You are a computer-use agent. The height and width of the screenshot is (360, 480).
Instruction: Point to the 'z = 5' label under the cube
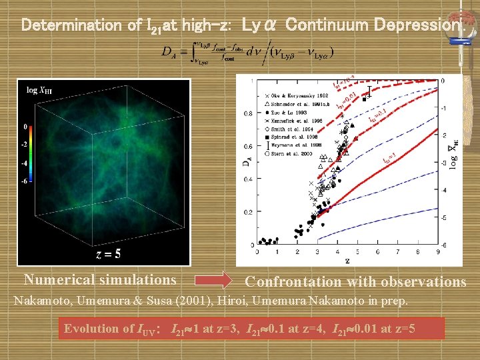pyautogui.click(x=108, y=254)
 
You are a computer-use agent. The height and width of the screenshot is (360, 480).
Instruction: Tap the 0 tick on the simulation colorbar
pyautogui.click(x=25, y=126)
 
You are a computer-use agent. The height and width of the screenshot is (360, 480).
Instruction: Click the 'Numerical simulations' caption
pyautogui.click(x=100, y=279)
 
